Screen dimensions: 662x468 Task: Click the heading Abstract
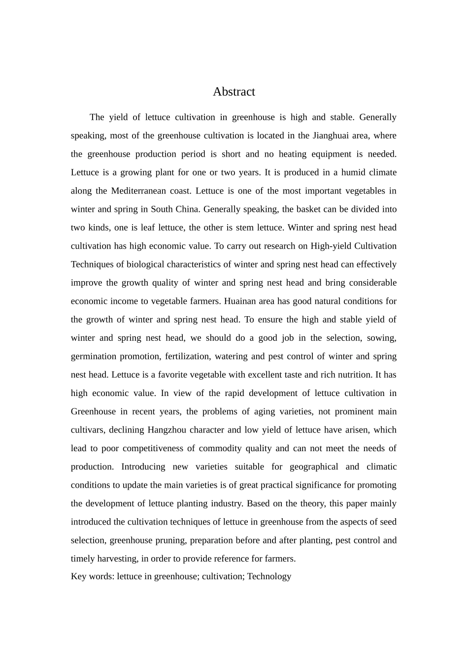click(x=234, y=92)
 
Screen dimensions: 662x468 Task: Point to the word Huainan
click(x=240, y=301)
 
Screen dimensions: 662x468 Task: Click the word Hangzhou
click(x=167, y=430)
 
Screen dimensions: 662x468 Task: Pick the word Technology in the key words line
click(x=269, y=576)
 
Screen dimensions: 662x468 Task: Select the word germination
click(x=94, y=356)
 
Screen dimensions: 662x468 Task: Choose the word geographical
click(x=314, y=466)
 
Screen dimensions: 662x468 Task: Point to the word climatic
click(x=378, y=466)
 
